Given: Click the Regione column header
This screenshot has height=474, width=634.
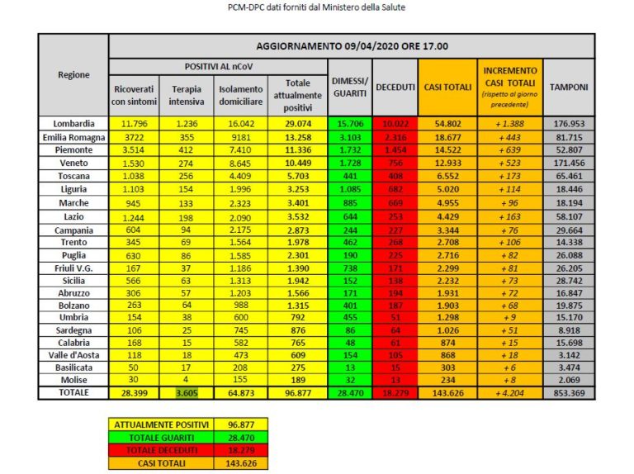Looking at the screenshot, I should (x=73, y=75).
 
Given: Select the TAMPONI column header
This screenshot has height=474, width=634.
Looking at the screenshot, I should (x=570, y=87).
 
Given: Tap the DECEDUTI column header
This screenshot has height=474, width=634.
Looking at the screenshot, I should (x=395, y=87).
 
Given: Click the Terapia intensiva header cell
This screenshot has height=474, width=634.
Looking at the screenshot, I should (x=187, y=95).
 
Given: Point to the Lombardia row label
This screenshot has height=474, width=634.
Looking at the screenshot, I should (x=73, y=123).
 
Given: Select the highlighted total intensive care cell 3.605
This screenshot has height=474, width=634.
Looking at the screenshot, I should (x=187, y=394).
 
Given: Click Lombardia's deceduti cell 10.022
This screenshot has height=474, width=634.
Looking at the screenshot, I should (x=395, y=123).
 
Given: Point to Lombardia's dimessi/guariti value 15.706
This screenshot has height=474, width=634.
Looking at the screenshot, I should (x=350, y=123).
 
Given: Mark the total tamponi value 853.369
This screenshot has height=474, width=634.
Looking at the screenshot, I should (x=570, y=394).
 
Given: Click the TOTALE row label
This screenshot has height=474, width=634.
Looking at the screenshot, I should (x=73, y=394).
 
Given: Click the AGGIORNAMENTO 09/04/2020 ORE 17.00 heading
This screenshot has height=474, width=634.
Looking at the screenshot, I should (x=351, y=46).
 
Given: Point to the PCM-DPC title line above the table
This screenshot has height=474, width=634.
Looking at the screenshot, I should (x=317, y=7).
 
